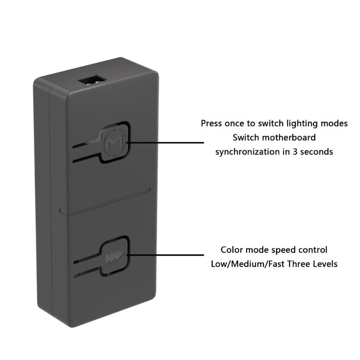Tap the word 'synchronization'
coord(248,152)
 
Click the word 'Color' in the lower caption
coord(232,249)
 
